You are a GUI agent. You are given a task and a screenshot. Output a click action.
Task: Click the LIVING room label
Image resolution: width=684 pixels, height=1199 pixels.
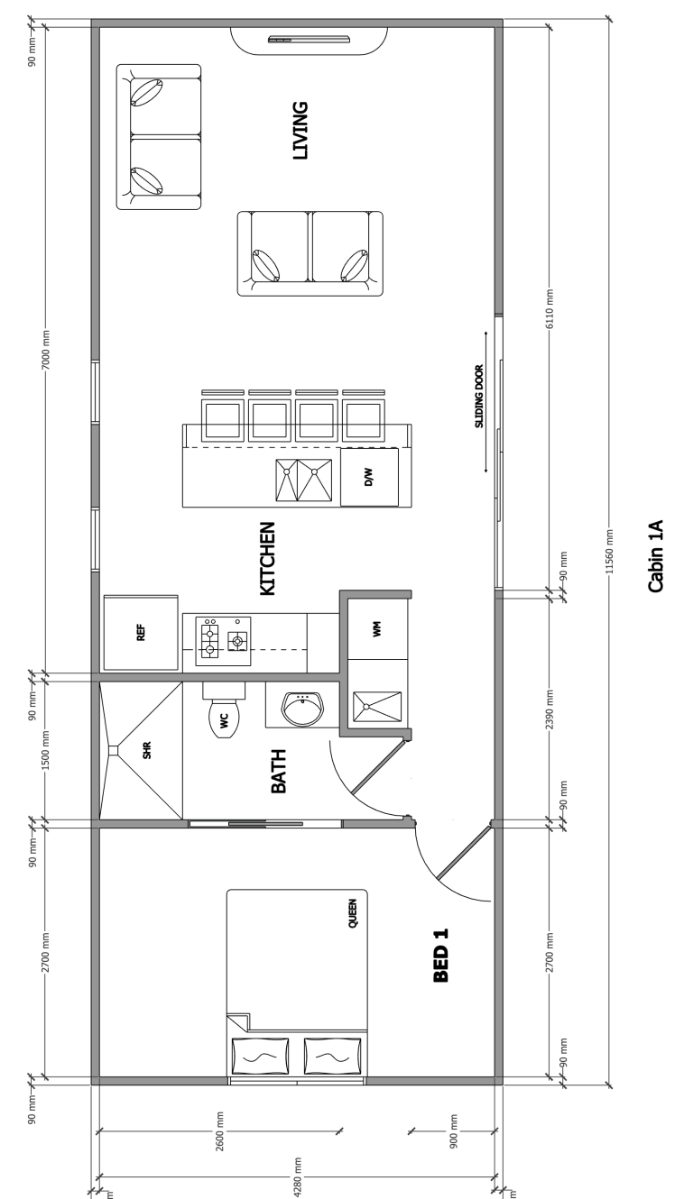(x=300, y=131)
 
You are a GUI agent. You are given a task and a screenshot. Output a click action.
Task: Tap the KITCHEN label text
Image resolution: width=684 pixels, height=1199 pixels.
(x=267, y=558)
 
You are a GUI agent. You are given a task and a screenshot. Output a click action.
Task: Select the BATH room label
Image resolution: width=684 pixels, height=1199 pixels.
(x=279, y=771)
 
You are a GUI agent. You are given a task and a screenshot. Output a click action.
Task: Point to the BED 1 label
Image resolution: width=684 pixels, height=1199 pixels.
(x=440, y=956)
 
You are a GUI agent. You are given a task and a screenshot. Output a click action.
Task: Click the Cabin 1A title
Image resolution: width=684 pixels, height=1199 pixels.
(x=656, y=555)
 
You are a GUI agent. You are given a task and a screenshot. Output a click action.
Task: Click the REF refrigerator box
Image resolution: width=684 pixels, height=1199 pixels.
(x=141, y=632)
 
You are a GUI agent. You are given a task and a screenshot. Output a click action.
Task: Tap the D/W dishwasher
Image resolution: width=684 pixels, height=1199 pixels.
(x=369, y=477)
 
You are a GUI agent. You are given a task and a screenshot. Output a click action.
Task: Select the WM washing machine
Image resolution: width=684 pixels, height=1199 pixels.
(x=377, y=629)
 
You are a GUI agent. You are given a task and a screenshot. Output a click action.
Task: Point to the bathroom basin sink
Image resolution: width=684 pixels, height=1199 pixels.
(x=302, y=709)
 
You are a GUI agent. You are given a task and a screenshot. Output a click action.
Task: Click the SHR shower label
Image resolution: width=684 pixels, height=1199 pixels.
(x=147, y=750)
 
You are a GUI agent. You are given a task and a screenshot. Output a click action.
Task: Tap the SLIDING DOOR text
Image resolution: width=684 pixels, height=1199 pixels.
(x=479, y=396)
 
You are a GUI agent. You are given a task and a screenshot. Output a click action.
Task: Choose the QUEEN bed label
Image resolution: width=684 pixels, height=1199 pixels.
(x=353, y=913)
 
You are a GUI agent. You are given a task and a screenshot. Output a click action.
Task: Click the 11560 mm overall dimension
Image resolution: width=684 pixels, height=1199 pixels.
(x=609, y=552)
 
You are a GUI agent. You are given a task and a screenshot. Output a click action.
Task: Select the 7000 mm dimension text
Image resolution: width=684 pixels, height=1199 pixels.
(x=45, y=350)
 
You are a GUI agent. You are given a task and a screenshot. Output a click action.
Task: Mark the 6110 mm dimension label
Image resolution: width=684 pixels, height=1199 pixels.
(x=550, y=309)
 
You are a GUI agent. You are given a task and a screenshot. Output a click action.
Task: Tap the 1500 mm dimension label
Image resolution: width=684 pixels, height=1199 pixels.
(x=45, y=750)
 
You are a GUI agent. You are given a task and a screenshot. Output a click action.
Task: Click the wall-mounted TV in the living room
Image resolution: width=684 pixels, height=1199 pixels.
(x=309, y=39)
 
